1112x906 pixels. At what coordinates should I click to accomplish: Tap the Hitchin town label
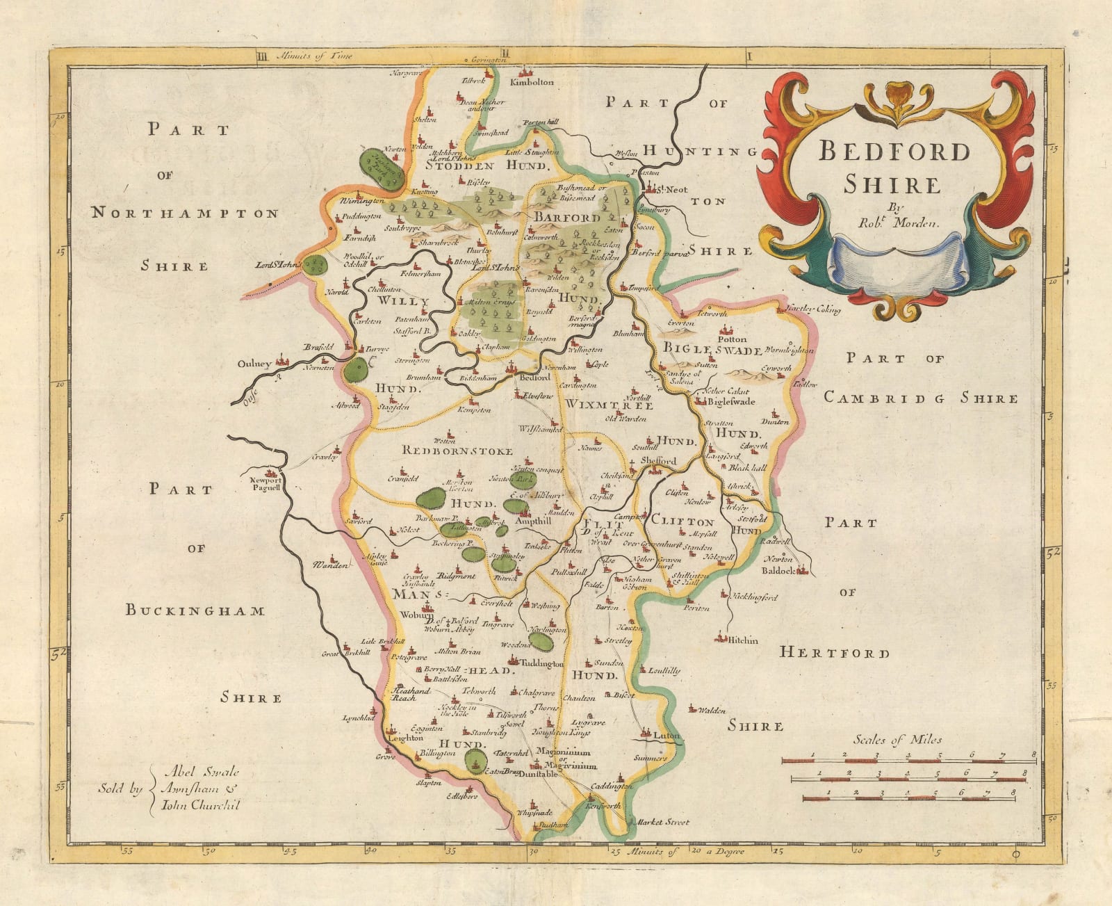742,640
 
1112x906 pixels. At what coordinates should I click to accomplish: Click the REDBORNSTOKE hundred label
457,451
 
